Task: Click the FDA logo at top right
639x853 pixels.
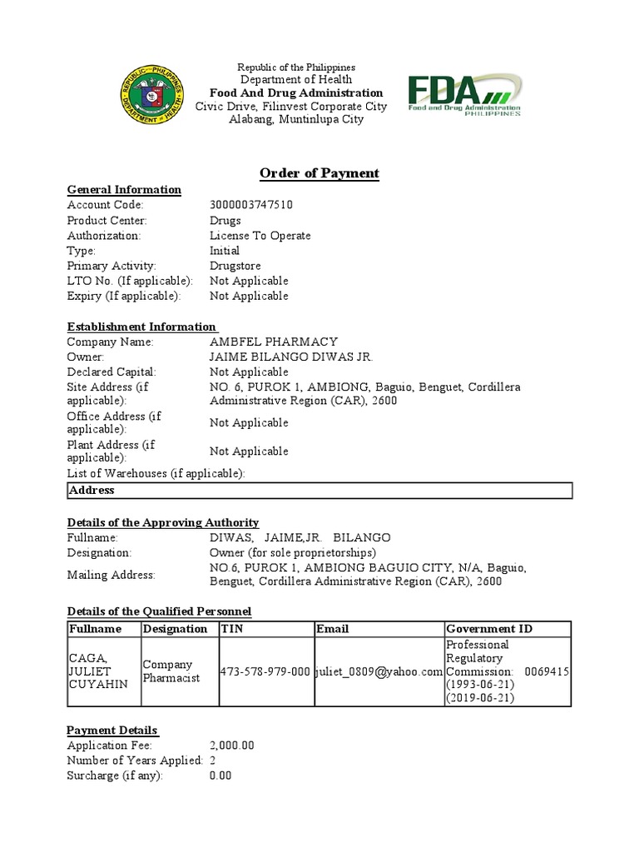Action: (x=464, y=95)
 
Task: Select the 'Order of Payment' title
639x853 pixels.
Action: (x=319, y=173)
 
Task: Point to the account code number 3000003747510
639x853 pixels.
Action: (x=251, y=205)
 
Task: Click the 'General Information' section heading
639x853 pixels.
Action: (x=124, y=190)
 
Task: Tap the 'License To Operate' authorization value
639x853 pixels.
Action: (x=260, y=236)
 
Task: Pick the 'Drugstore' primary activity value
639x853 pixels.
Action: (x=235, y=266)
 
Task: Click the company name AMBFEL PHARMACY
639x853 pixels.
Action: (x=273, y=342)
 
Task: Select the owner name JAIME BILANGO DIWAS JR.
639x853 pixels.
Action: (x=291, y=357)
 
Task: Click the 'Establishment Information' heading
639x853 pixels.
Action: (x=141, y=327)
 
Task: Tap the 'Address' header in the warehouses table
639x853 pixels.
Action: (x=92, y=491)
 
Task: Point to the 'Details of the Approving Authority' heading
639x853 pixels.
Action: (x=163, y=522)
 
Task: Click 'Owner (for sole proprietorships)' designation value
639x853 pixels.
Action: (x=292, y=552)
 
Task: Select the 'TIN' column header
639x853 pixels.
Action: (x=232, y=629)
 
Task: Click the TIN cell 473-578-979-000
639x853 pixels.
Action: (x=265, y=671)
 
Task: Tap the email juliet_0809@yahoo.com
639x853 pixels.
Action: (x=379, y=671)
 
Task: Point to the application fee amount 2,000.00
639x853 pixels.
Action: (x=232, y=746)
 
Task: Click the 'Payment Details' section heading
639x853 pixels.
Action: (x=112, y=730)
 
